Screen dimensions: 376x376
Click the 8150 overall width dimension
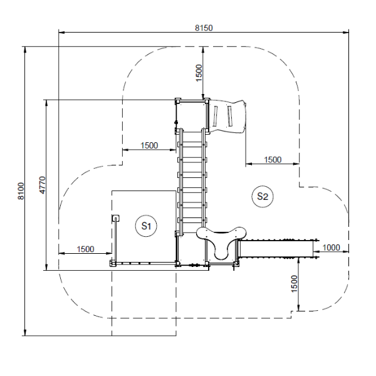point(204,28)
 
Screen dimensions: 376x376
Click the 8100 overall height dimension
point(21,191)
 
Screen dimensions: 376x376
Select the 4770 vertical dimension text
point(42,185)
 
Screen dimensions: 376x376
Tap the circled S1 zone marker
point(146,226)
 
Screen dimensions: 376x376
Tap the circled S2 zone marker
point(263,196)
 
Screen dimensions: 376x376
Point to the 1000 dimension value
point(331,248)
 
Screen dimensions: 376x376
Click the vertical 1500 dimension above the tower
point(199,73)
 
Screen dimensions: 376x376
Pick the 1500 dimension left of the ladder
point(149,145)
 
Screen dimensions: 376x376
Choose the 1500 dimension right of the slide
point(273,160)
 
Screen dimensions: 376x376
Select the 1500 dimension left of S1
point(85,249)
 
